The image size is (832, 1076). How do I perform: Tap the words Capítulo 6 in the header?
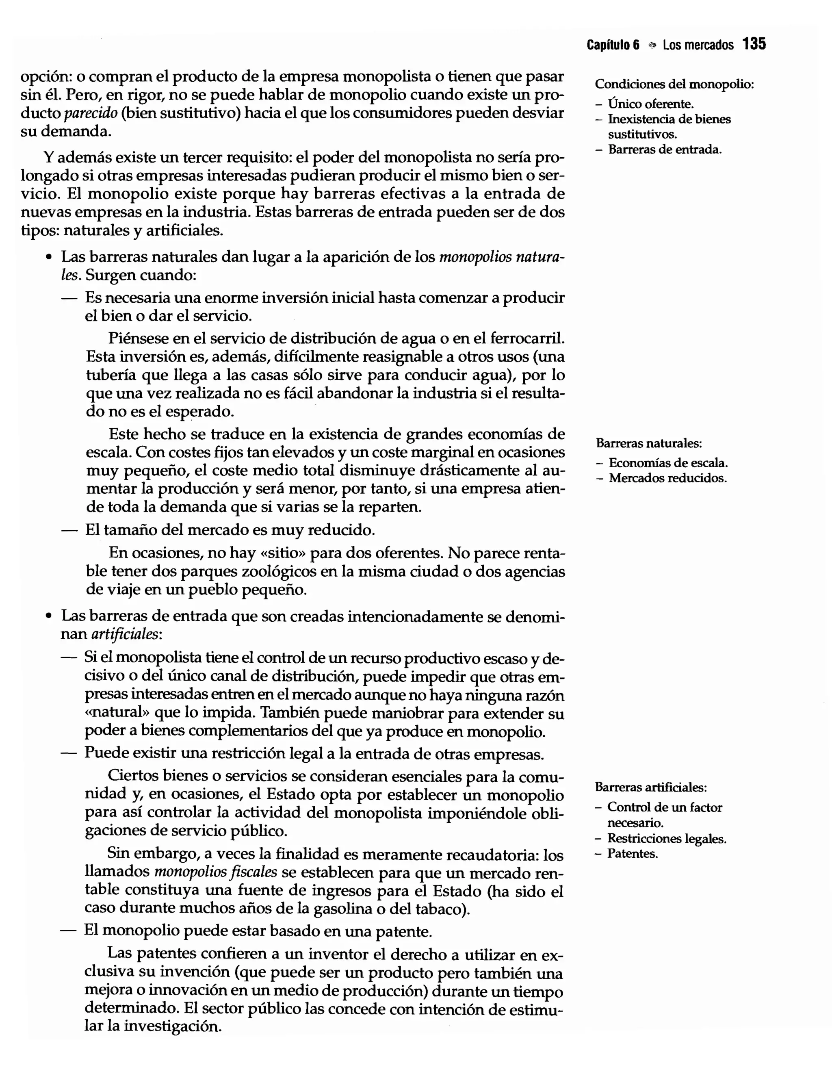pos(613,46)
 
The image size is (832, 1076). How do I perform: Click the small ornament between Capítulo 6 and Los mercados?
pos(652,46)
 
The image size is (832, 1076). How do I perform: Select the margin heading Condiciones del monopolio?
pos(674,84)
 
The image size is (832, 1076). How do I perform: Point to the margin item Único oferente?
pos(651,104)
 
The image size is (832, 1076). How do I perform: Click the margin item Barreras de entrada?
pos(665,150)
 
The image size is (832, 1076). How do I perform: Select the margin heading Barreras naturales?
pos(649,443)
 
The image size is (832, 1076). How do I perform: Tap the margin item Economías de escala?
pos(668,463)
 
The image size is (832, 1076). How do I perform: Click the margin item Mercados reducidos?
pos(667,478)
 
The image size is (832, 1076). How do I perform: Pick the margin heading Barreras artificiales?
pos(651,787)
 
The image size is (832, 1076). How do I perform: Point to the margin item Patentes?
pos(632,854)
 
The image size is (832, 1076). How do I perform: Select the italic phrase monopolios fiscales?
pos(216,872)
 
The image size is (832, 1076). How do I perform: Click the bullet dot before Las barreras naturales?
pos(48,258)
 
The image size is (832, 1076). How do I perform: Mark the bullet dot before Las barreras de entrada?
pos(48,616)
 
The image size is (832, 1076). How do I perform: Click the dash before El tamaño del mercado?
pos(69,530)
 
